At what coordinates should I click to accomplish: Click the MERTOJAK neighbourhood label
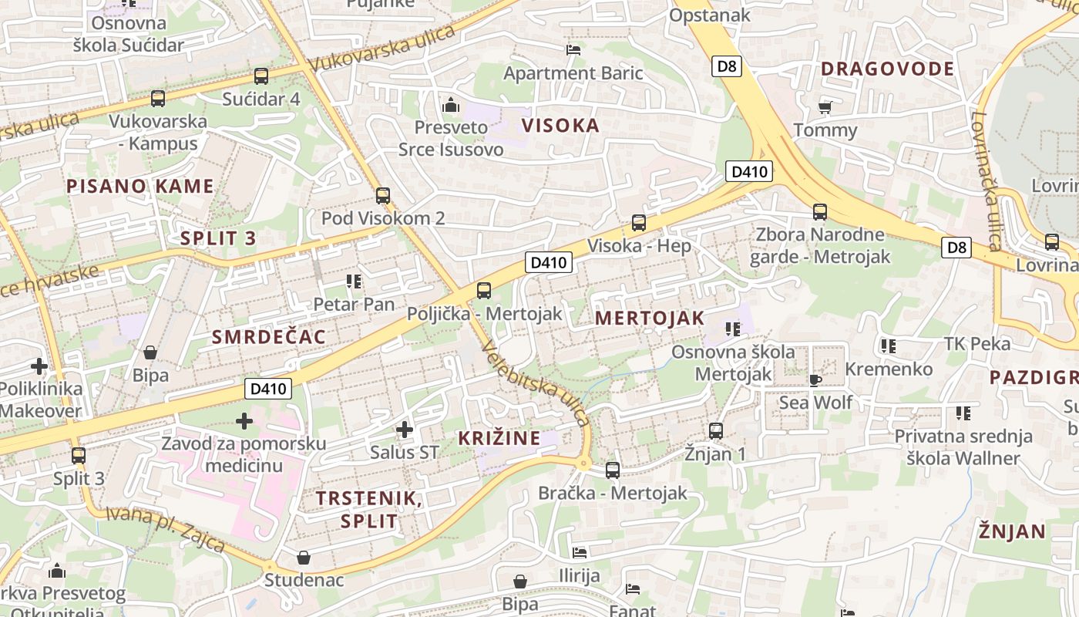pyautogui.click(x=650, y=318)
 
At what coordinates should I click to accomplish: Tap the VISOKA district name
pyautogui.click(x=560, y=126)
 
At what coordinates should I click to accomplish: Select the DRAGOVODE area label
pyautogui.click(x=887, y=69)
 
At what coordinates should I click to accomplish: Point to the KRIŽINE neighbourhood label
pyautogui.click(x=499, y=438)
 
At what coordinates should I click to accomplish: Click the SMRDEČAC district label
pyautogui.click(x=268, y=337)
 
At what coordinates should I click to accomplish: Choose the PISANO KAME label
pyautogui.click(x=139, y=186)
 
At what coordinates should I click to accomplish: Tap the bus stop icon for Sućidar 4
pyautogui.click(x=261, y=76)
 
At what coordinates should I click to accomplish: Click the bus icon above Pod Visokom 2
pyautogui.click(x=382, y=196)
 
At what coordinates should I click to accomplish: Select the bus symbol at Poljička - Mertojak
pyautogui.click(x=484, y=291)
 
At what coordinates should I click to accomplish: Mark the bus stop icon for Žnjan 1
pyautogui.click(x=716, y=431)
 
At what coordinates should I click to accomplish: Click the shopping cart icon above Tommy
pyautogui.click(x=825, y=107)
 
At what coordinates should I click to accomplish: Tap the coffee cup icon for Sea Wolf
pyautogui.click(x=815, y=379)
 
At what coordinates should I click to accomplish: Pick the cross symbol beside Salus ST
pyautogui.click(x=404, y=430)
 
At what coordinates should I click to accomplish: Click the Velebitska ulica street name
pyautogui.click(x=536, y=383)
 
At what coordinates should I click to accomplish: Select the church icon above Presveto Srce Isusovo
pyautogui.click(x=451, y=105)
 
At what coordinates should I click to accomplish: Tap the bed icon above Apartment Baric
pyautogui.click(x=573, y=50)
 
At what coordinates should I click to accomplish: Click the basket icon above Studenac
pyautogui.click(x=304, y=557)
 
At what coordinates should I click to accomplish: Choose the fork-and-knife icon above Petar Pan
pyautogui.click(x=354, y=282)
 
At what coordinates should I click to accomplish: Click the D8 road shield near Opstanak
pyautogui.click(x=726, y=66)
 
